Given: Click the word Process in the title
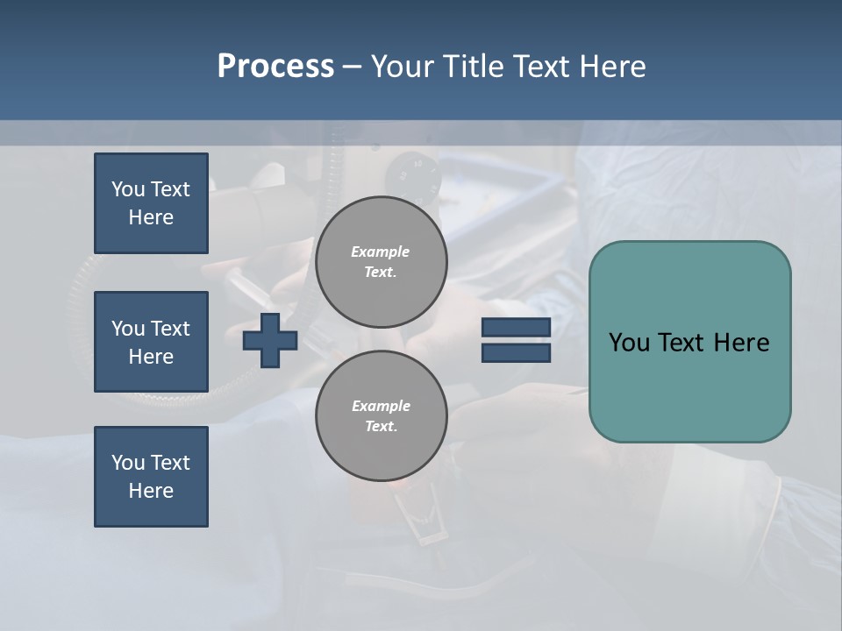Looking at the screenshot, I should click(275, 66).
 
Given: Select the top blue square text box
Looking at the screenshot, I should click(151, 203).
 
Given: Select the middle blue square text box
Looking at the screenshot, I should click(151, 342).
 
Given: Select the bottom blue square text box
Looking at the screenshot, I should click(151, 477).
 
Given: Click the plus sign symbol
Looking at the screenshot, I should click(270, 340).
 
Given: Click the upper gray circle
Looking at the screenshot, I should click(382, 262).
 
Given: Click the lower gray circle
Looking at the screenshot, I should click(382, 416).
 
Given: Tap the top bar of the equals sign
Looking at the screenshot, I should click(516, 327).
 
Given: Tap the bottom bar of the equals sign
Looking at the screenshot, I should click(516, 353).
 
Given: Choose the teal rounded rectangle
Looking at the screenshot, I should click(689, 386).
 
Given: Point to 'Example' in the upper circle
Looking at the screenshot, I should click(381, 252).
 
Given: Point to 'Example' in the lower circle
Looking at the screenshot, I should click(381, 406).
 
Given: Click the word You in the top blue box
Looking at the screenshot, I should click(127, 189).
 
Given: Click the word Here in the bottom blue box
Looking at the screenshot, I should click(151, 491).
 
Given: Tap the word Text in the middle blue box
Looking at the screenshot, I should click(169, 329).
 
